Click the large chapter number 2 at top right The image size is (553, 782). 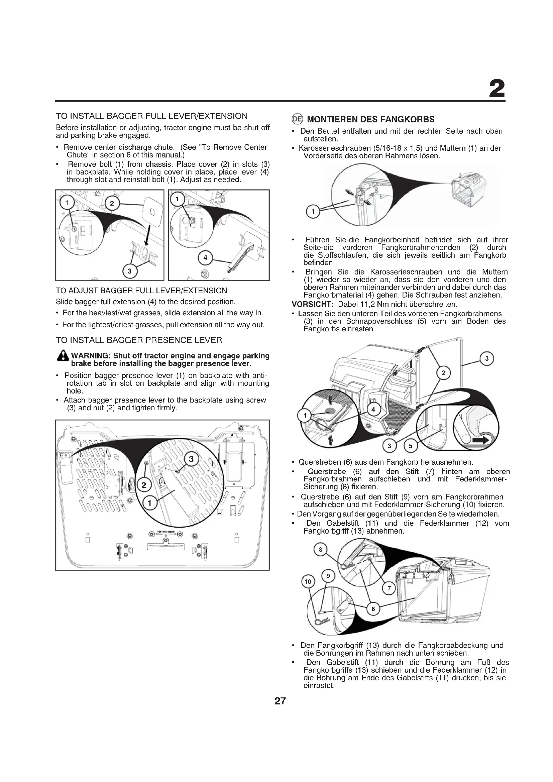coord(496,90)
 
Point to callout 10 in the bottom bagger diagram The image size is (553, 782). coord(308,582)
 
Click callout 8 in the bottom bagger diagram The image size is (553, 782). coord(320,549)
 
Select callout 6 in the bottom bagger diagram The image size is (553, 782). coord(373,609)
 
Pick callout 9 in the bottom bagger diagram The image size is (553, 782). coord(328,576)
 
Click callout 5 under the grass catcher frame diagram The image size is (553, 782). coord(411,446)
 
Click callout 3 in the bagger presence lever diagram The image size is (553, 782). coord(191,459)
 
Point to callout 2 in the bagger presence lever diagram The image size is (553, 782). coord(144,485)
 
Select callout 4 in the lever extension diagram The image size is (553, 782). coord(205,258)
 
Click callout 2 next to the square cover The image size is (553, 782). coord(112,204)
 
